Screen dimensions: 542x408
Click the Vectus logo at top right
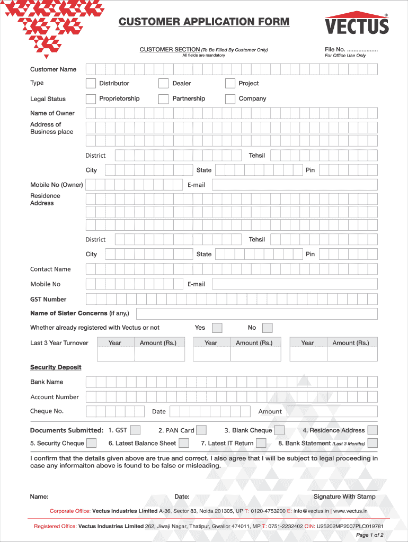[357, 24]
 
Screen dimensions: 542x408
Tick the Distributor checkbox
[91, 83]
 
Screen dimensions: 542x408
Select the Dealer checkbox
[163, 83]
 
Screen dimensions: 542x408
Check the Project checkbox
[230, 83]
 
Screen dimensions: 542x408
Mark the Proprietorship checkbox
[91, 98]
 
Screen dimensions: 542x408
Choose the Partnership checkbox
[163, 98]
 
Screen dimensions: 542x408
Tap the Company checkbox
[230, 98]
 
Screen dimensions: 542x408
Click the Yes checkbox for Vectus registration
[217, 328]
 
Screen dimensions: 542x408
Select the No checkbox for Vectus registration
[268, 328]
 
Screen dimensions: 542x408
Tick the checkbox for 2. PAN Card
[201, 430]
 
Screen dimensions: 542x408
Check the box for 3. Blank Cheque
[279, 430]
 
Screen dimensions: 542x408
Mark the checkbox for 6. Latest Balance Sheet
[184, 443]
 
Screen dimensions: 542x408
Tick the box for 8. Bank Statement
[372, 443]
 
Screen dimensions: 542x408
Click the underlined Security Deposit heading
[56, 367]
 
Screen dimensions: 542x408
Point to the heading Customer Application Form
[204, 22]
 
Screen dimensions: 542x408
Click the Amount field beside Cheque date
[332, 411]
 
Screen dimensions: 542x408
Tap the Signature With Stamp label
[344, 496]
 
